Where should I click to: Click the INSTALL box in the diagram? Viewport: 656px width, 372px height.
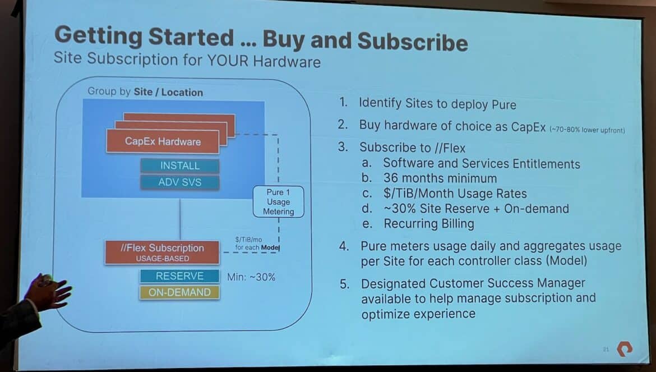[180, 166]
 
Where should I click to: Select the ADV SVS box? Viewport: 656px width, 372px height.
[180, 182]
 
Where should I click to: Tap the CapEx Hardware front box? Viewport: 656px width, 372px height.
[163, 141]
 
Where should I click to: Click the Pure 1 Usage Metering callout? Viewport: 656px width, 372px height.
[278, 201]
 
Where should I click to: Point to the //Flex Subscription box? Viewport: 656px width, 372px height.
[162, 252]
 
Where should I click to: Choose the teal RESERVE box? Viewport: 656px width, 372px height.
[179, 276]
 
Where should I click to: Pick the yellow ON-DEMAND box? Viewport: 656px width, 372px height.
[179, 292]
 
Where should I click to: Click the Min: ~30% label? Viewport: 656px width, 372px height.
[251, 277]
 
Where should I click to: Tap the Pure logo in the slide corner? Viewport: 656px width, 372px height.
[625, 348]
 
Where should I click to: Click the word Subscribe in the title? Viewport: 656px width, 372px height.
[413, 42]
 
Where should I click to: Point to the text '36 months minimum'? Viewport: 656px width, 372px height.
[440, 178]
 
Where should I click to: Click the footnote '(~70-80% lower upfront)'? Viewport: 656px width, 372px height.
[587, 130]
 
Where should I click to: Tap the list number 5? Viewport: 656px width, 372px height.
[344, 284]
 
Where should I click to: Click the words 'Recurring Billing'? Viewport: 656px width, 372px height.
[429, 224]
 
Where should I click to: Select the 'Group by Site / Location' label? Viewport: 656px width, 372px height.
[145, 92]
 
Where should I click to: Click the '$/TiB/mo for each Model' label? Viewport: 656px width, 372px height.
[257, 244]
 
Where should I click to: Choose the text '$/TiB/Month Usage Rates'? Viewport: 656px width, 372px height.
[455, 194]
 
